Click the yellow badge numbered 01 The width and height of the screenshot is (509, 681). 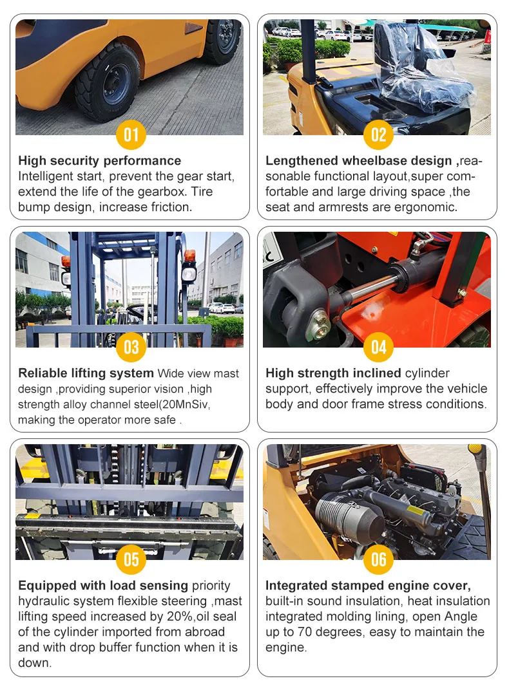[x=131, y=135]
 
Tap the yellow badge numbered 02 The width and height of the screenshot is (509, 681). [x=378, y=135]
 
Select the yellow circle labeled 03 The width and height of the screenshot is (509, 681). [x=131, y=347]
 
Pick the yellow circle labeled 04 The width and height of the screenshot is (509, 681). [x=378, y=347]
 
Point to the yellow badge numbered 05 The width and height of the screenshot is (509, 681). [x=131, y=559]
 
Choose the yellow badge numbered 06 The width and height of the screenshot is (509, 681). [x=378, y=559]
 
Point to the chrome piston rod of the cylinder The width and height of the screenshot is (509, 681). [x=366, y=287]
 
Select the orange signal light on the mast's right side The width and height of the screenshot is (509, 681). [x=189, y=256]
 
